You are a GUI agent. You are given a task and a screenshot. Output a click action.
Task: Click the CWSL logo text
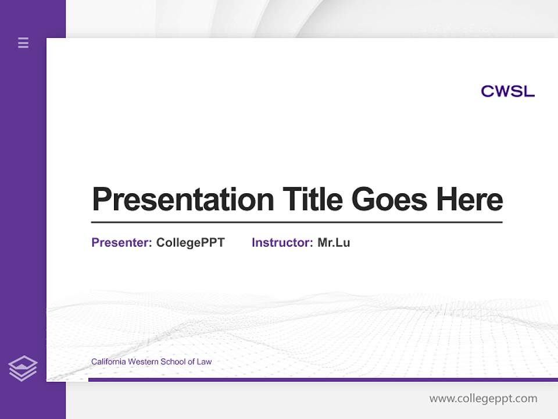[x=507, y=91]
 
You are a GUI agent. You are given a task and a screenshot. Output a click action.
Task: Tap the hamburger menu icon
[x=23, y=42]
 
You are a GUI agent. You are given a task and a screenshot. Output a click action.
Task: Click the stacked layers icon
[x=23, y=368]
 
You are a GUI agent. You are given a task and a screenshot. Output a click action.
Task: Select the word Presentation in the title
[x=183, y=200]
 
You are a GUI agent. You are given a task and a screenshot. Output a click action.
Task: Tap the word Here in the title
[x=470, y=199]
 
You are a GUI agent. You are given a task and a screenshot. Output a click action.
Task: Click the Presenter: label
[x=121, y=243]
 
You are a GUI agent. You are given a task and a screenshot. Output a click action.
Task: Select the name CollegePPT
[x=190, y=243]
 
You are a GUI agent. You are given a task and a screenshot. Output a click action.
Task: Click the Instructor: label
[x=282, y=243]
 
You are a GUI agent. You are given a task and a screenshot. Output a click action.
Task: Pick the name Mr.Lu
[x=334, y=243]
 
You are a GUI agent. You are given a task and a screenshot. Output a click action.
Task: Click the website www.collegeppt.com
[x=483, y=399]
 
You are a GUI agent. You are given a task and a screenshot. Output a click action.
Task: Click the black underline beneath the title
[x=296, y=222]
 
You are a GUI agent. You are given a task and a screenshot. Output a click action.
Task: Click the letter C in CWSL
[x=487, y=91]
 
